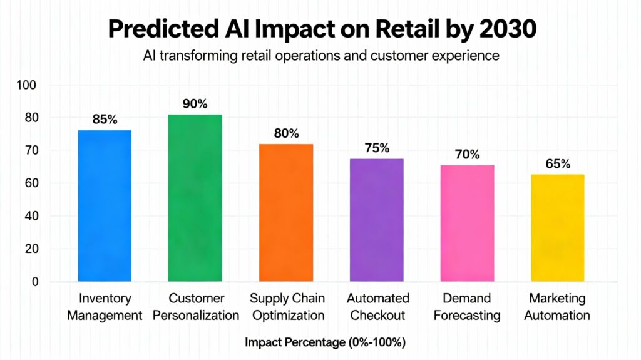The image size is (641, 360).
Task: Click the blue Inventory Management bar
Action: coord(105,206)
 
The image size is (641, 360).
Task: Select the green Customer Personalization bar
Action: coord(195,198)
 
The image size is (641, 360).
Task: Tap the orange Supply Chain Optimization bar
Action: coord(286,213)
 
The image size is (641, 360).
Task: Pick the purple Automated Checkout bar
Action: coord(377,220)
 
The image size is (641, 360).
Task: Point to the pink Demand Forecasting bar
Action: coord(467,224)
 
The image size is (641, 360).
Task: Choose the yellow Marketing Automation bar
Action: coord(557,228)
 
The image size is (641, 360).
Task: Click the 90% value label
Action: coord(195,104)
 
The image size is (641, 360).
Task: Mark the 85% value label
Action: coord(105,120)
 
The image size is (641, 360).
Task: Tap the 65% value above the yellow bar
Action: coord(557,164)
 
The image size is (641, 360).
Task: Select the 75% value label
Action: coord(377,148)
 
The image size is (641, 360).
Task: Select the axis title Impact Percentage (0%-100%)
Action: coord(320,342)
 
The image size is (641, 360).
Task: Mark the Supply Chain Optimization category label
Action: coord(287,307)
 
